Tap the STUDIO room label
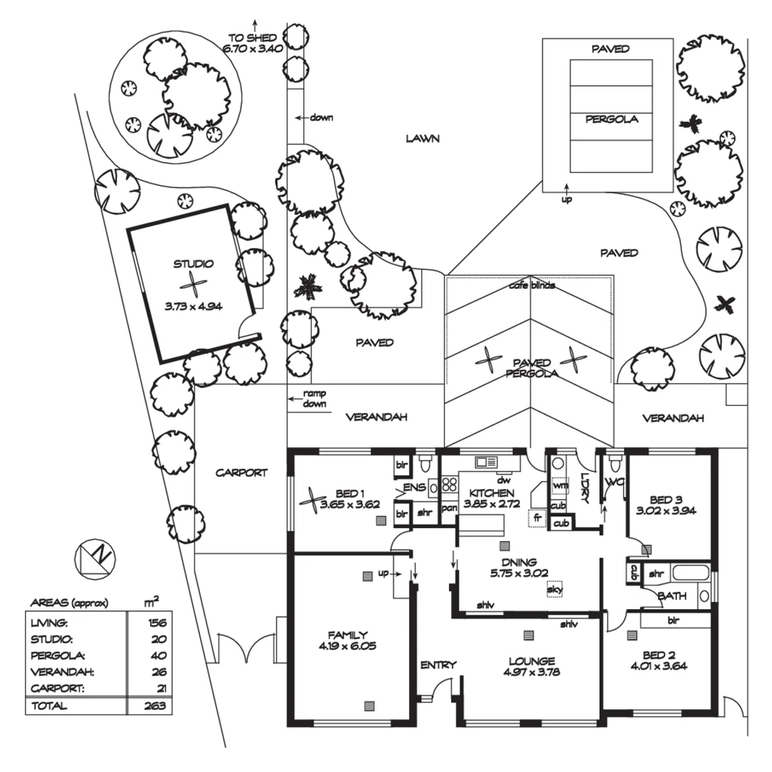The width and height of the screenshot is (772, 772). point(194,264)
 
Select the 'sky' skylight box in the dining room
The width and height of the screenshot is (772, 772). point(554,590)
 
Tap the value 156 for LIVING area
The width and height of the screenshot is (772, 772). point(157,623)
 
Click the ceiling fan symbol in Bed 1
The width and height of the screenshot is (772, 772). point(312,499)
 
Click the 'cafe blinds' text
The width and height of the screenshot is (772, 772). point(532,285)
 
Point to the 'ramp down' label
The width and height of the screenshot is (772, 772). point(314,398)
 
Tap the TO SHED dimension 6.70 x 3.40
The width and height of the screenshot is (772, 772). point(256,48)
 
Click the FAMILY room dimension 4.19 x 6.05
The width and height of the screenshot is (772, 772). point(347,645)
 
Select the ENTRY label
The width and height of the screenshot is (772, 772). point(438,665)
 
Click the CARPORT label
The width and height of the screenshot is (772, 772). point(242,472)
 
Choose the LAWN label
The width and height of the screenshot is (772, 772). point(422,138)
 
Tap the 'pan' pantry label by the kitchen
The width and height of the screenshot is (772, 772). point(449,508)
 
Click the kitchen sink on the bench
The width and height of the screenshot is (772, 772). point(486,462)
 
